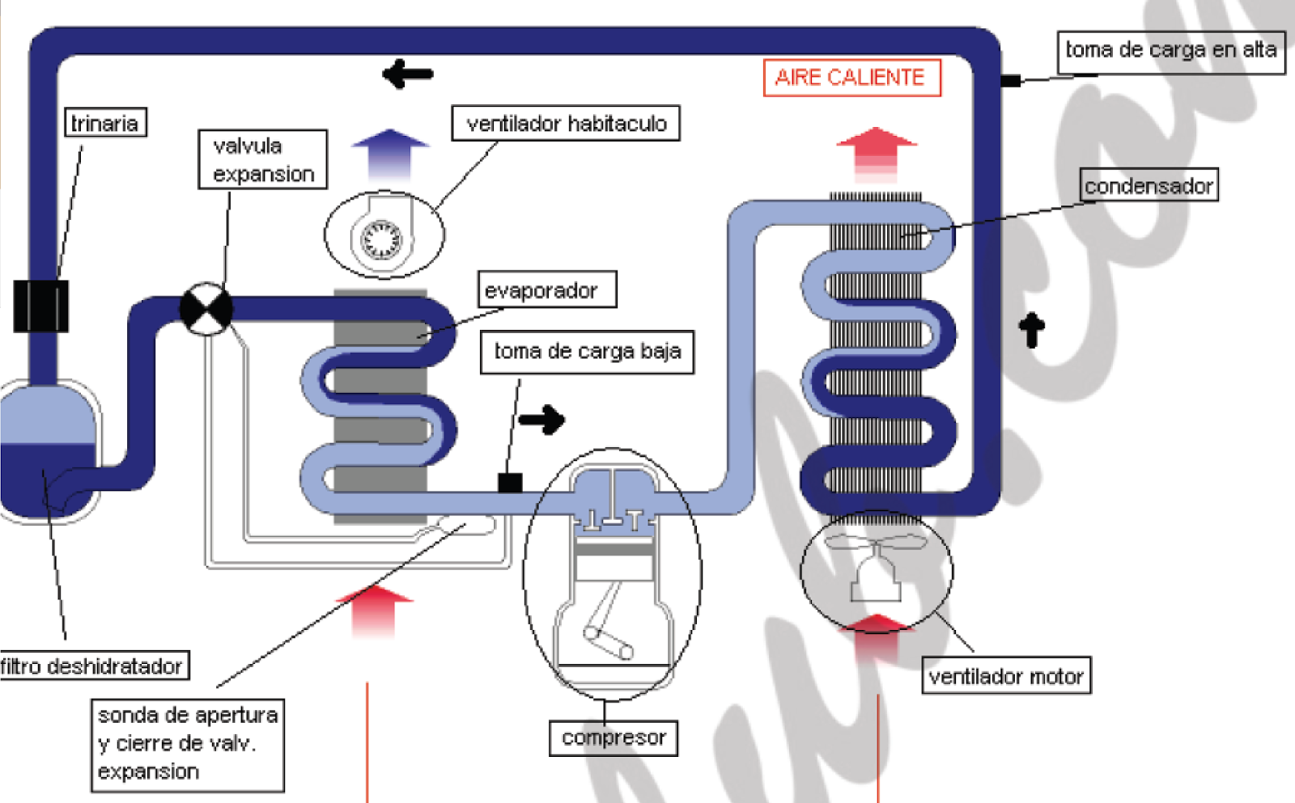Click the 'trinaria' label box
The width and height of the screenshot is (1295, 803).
(x=105, y=123)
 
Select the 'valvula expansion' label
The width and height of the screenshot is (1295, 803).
(x=263, y=159)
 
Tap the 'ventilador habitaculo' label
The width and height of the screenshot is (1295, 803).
(x=566, y=123)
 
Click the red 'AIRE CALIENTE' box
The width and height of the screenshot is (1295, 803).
(x=851, y=78)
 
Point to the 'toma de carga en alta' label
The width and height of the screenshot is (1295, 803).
(x=1170, y=50)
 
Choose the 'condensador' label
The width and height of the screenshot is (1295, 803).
(x=1149, y=185)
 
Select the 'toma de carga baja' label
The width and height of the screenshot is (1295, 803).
(x=587, y=352)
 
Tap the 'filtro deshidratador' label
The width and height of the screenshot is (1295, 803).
(x=93, y=666)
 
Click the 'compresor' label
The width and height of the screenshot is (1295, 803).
(x=614, y=737)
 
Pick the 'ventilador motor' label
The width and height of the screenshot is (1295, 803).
(x=1006, y=676)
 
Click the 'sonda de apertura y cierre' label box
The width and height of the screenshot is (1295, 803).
(x=187, y=744)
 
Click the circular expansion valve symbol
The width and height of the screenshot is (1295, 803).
(x=206, y=308)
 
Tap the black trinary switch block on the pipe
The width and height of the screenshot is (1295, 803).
(x=41, y=306)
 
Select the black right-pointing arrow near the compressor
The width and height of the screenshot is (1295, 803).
(x=541, y=419)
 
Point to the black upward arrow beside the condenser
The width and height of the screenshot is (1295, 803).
(x=1031, y=329)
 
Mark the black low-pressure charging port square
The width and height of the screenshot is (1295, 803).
(x=509, y=483)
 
